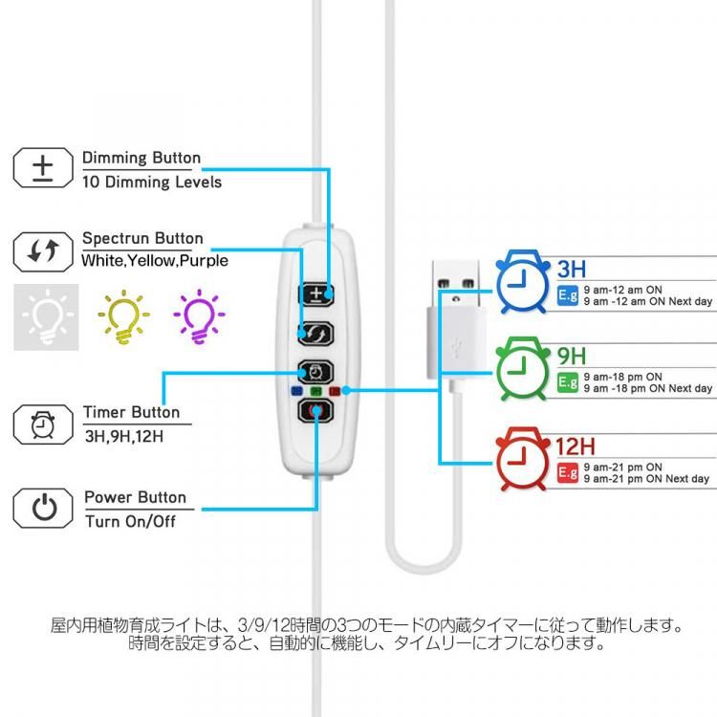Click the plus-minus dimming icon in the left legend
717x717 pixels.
click(42, 169)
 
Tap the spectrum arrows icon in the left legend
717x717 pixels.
click(42, 251)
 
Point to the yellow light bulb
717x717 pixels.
click(123, 316)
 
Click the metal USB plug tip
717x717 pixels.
click(452, 278)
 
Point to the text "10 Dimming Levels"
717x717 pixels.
click(152, 182)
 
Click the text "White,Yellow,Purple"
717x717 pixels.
click(155, 260)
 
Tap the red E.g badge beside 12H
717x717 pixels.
click(568, 472)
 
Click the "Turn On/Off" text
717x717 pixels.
click(131, 521)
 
